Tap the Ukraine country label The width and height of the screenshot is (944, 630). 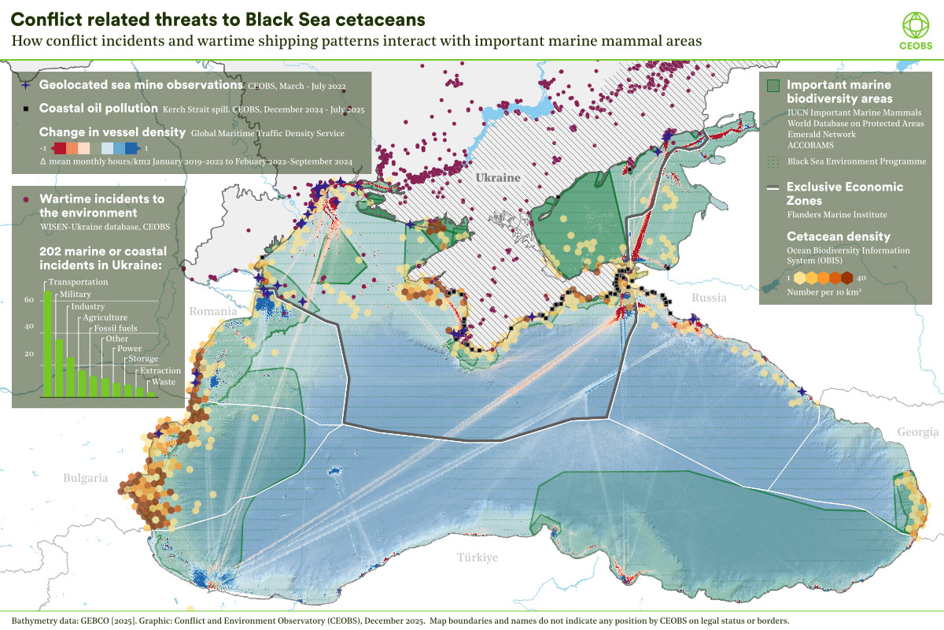[x=498, y=178]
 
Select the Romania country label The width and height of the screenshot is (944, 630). [x=213, y=312]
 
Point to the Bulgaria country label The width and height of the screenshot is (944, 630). [x=86, y=477]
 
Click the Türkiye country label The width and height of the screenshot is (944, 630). [x=478, y=558]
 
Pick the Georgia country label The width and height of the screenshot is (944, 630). [x=917, y=432]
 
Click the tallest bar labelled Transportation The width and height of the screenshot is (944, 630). [x=47, y=343]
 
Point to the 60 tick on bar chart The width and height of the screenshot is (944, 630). [x=28, y=300]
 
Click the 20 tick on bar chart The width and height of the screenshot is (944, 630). [x=28, y=354]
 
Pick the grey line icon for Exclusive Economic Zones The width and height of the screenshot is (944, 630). [x=773, y=187]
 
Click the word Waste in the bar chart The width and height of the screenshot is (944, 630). [x=164, y=382]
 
